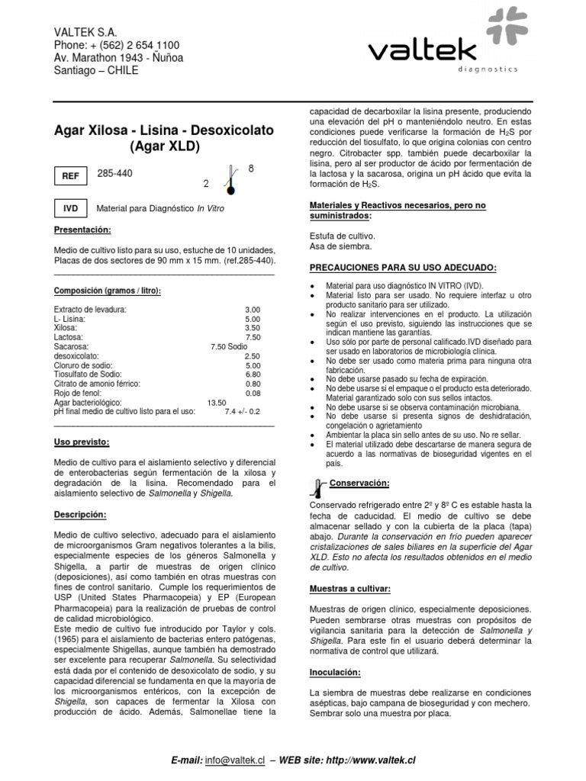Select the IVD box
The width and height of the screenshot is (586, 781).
click(x=72, y=208)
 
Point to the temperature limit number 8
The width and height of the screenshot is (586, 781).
click(x=251, y=168)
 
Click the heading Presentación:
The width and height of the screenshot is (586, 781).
click(x=83, y=230)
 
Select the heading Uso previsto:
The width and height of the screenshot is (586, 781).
click(x=82, y=442)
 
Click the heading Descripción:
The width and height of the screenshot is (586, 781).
click(x=80, y=515)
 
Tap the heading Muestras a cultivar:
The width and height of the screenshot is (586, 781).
click(x=350, y=589)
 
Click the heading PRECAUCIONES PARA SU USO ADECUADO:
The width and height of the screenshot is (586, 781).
click(x=403, y=268)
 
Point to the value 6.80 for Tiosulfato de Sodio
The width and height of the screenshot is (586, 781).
click(x=253, y=374)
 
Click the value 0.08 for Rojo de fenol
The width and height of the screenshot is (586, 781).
click(x=253, y=393)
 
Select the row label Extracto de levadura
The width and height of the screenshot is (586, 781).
click(x=91, y=310)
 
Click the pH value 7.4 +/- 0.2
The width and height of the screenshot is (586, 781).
click(x=243, y=411)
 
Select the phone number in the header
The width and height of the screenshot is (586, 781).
click(x=117, y=45)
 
